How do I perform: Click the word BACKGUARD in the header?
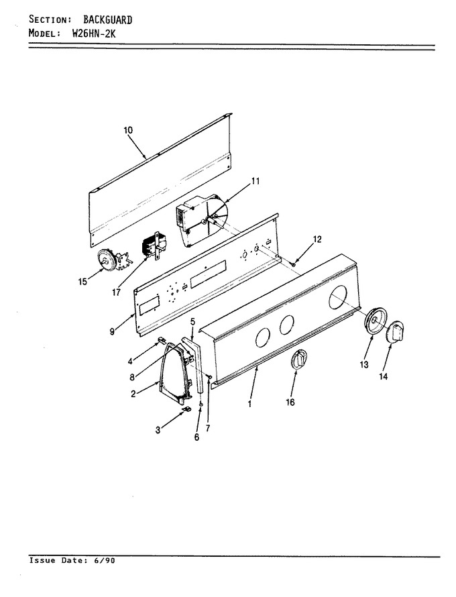click(108, 20)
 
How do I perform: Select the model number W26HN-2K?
click(94, 33)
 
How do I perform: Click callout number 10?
click(128, 130)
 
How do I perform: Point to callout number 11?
click(255, 181)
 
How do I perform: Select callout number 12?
click(317, 239)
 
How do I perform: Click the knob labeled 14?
click(395, 331)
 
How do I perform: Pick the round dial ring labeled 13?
click(376, 323)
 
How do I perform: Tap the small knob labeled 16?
click(299, 359)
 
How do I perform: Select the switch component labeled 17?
click(156, 244)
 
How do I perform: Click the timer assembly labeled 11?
click(201, 220)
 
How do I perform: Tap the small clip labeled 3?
click(186, 409)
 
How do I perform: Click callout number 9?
click(112, 331)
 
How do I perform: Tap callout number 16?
click(290, 402)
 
